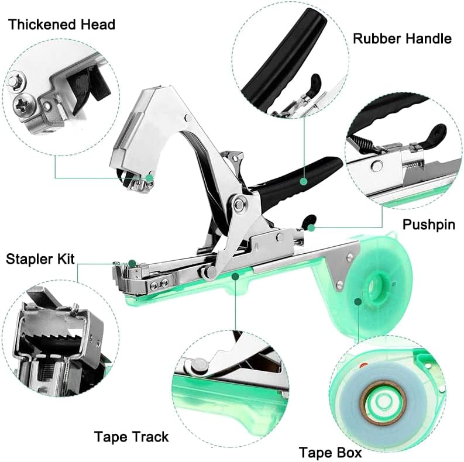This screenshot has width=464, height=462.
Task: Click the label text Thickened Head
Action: [61, 25]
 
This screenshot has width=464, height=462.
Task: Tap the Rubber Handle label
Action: [402, 39]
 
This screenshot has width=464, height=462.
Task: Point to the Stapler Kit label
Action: [40, 258]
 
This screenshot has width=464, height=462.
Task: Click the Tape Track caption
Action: [131, 437]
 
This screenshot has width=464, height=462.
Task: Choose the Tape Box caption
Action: [330, 452]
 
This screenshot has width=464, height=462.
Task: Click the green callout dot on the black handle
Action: [303, 182]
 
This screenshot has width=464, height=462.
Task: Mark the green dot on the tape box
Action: [359, 301]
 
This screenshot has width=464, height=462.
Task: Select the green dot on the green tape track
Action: [235, 275]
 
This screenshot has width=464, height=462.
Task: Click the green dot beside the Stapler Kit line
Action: [132, 263]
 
